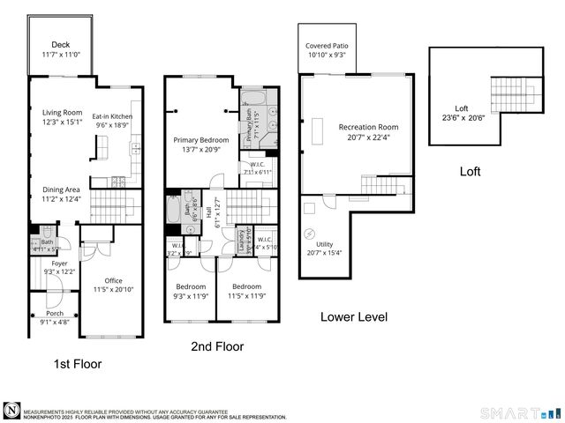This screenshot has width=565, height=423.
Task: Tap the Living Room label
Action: [x=62, y=112]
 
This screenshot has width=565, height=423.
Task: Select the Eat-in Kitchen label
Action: [x=114, y=116]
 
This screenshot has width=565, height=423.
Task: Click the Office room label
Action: [x=113, y=280]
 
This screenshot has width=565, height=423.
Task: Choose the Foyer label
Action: [x=59, y=263]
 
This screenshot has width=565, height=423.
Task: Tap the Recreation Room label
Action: [x=362, y=127]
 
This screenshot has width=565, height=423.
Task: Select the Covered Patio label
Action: [x=327, y=46]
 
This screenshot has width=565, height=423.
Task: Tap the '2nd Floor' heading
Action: [x=217, y=346]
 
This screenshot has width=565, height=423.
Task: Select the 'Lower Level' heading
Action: [x=353, y=316]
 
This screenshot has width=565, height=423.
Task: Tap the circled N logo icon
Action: [x=11, y=410]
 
